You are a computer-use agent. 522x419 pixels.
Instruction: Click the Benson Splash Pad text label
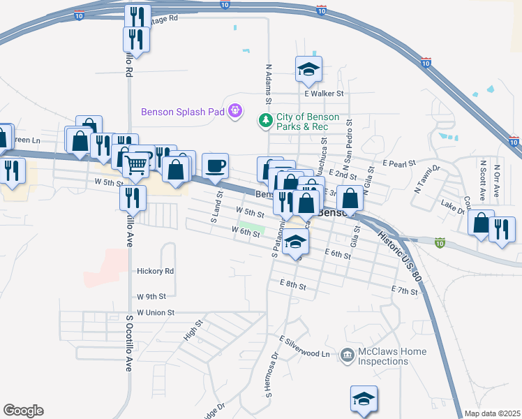click(x=184, y=111)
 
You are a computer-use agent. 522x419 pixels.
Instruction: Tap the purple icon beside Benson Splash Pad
click(x=236, y=110)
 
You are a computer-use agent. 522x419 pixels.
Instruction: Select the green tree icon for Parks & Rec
click(x=265, y=121)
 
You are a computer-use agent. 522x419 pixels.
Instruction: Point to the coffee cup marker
click(x=215, y=166)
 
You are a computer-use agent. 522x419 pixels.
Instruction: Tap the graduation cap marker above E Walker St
click(x=308, y=69)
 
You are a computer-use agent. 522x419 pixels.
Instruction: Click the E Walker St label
click(x=325, y=93)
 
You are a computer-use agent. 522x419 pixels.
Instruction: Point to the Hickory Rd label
click(x=155, y=271)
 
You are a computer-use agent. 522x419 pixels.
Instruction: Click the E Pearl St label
click(x=399, y=162)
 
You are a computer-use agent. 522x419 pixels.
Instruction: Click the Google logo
click(x=23, y=411)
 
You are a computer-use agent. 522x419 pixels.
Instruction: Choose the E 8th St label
click(x=292, y=284)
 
